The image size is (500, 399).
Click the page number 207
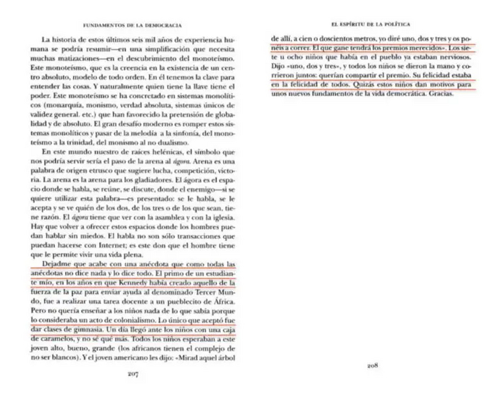point(132,374)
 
